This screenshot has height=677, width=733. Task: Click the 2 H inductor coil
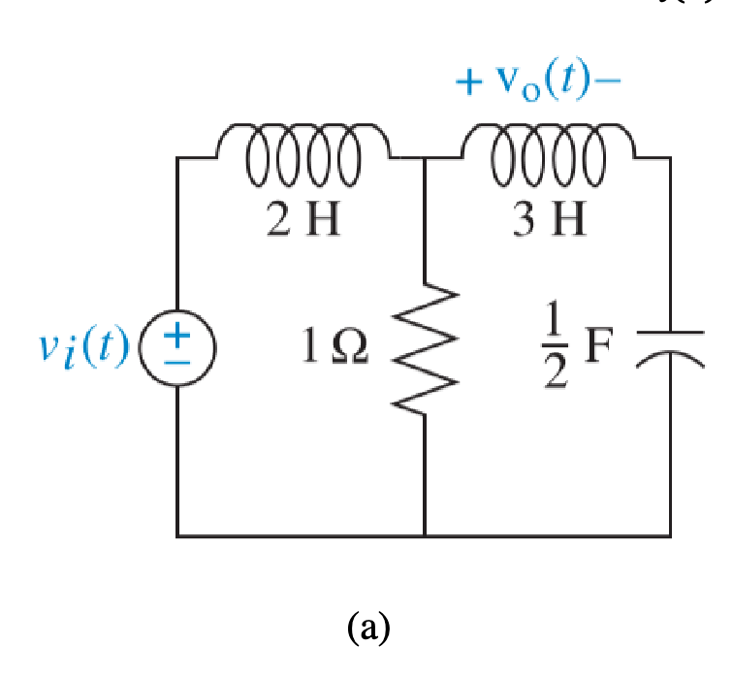coord(302,154)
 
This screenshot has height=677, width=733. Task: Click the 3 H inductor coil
coord(548,154)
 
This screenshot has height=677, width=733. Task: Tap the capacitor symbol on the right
coord(670,346)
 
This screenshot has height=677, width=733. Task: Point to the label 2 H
coord(303,221)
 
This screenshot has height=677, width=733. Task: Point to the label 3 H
coord(550,221)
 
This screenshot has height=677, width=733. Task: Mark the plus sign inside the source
coord(176,336)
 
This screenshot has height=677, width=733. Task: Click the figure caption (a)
coord(368,629)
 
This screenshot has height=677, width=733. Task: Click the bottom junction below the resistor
coord(425,534)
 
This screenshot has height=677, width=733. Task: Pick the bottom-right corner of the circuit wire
coord(670,534)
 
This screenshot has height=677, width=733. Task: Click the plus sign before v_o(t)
coord(469,83)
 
